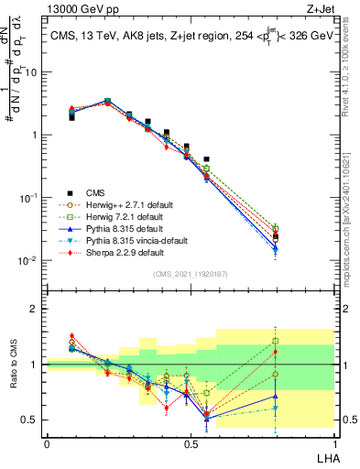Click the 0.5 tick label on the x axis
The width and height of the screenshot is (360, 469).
(x=191, y=443)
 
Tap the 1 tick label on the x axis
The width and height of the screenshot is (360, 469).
(x=334, y=443)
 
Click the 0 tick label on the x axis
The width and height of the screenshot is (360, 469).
(x=47, y=443)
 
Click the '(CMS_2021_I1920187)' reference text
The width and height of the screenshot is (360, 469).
(x=190, y=274)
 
